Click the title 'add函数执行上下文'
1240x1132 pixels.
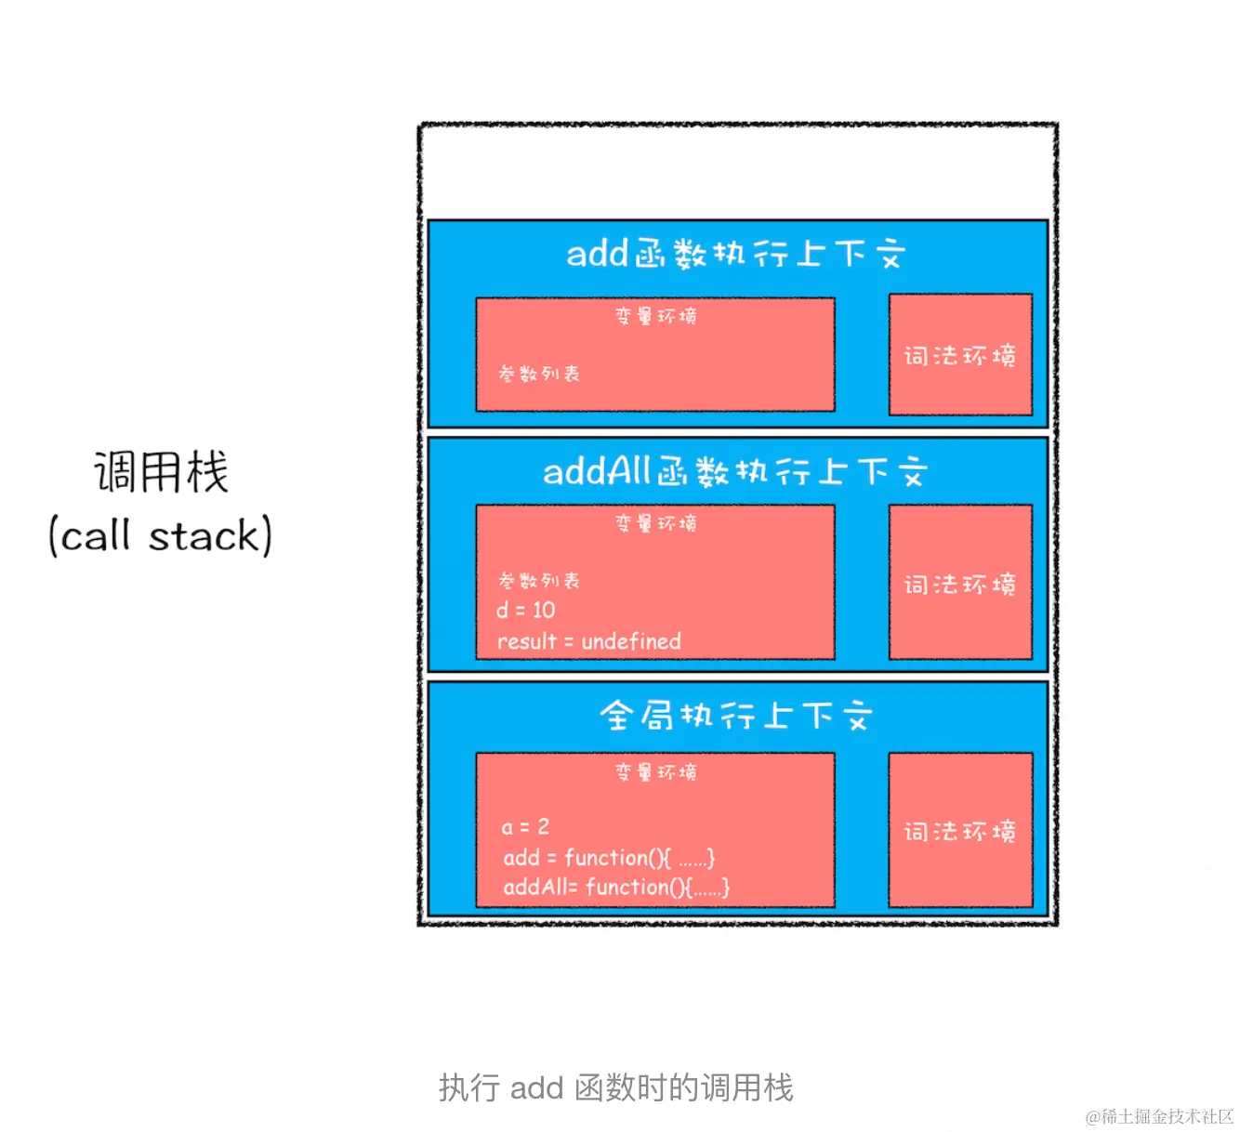[x=735, y=254]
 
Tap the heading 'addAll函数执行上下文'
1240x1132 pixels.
[x=735, y=472]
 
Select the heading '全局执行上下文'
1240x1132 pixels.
[x=735, y=716]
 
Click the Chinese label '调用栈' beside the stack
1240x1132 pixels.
[x=161, y=472]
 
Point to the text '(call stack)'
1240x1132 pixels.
[x=160, y=536]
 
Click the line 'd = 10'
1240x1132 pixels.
[x=525, y=611]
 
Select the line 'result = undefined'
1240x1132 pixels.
[x=588, y=641]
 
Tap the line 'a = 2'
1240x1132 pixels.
[x=525, y=826]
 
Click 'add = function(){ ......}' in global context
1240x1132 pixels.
[x=608, y=858]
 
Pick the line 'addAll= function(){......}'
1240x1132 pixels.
[x=615, y=888]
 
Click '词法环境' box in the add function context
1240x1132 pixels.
[x=960, y=355]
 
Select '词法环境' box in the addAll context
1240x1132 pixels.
[x=960, y=584]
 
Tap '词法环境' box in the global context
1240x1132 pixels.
[x=960, y=831]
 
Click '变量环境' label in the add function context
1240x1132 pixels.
[x=655, y=316]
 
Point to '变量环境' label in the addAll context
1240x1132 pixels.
[x=655, y=523]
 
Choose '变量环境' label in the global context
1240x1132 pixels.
[x=655, y=771]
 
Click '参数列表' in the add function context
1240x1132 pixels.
[x=539, y=374]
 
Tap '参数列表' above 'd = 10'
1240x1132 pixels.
[x=539, y=581]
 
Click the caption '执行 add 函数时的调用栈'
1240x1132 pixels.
[x=615, y=1087]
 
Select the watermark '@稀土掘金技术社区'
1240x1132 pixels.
[x=1159, y=1116]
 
